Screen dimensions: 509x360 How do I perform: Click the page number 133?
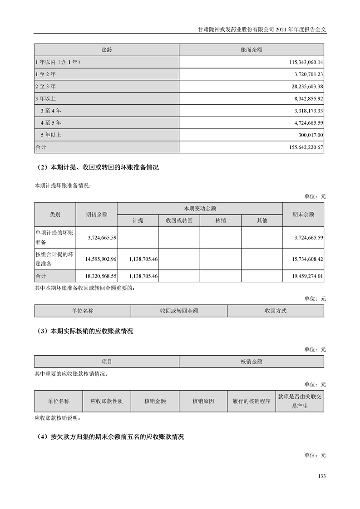tap(322, 476)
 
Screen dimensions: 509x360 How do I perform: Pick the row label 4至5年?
tap(51, 123)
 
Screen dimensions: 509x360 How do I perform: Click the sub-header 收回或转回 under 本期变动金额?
tap(179, 220)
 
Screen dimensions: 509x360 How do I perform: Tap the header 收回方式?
tap(276, 311)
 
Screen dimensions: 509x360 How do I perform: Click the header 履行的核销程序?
tap(251, 401)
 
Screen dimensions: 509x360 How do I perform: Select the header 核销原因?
tap(203, 401)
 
